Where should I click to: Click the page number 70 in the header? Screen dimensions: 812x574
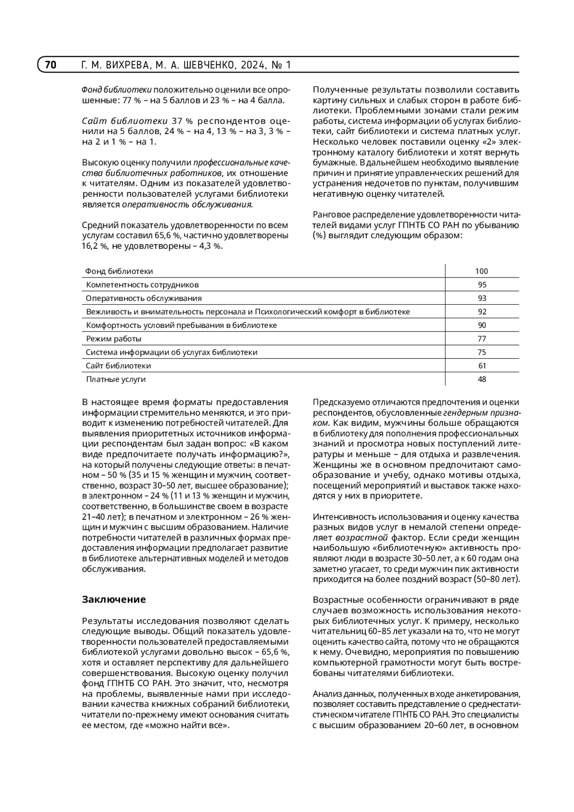[x=51, y=65]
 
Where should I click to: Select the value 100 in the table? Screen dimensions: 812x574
[x=482, y=271]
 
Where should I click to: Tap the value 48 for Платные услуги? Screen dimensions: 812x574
[x=482, y=379]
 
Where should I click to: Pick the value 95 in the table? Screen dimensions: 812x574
[x=482, y=285]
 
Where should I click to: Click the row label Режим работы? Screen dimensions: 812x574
[x=114, y=339]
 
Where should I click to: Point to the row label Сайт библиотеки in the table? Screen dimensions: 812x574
[x=118, y=366]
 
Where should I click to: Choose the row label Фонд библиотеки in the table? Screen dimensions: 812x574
[x=119, y=271]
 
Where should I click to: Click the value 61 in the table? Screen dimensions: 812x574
[x=482, y=366]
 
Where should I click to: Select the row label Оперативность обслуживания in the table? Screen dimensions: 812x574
[x=143, y=298]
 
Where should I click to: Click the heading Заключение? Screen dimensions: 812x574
[x=114, y=600]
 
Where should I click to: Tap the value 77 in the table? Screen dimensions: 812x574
[x=482, y=339]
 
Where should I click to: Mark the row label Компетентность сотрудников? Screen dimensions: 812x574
[x=142, y=285]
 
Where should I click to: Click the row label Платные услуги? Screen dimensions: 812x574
[x=116, y=379]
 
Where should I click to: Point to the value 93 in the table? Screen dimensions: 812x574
[x=482, y=298]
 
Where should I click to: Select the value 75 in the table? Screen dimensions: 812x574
[x=482, y=352]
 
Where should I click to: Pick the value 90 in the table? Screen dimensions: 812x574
[x=482, y=325]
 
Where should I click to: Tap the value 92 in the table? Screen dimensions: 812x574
[x=482, y=311]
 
